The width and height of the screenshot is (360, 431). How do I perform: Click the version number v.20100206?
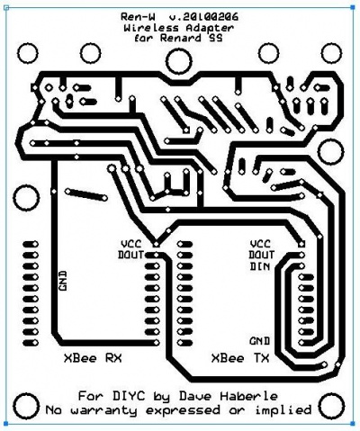click(203, 16)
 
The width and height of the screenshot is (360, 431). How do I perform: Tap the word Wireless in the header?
click(151, 28)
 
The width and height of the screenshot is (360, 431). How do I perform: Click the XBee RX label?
click(93, 358)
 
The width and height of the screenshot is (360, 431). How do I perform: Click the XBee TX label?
click(240, 358)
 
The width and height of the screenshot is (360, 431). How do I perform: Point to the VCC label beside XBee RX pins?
click(130, 244)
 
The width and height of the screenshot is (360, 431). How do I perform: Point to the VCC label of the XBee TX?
click(260, 244)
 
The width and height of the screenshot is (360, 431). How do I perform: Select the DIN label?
click(260, 266)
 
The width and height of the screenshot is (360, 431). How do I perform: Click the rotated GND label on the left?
click(62, 281)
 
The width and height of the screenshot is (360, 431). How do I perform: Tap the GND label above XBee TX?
click(260, 341)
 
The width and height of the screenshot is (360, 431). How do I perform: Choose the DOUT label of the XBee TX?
click(262, 255)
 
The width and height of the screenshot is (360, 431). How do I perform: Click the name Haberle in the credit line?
click(249, 396)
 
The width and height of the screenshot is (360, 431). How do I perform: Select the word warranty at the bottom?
click(103, 410)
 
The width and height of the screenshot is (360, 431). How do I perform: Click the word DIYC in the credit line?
click(129, 396)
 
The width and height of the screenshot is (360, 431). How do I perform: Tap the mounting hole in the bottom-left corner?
click(27, 405)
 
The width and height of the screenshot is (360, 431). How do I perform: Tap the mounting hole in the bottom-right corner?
click(331, 406)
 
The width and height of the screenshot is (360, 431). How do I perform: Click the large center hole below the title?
click(179, 61)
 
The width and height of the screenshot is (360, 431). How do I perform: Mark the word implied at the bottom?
click(283, 410)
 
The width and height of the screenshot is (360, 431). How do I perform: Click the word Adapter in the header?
click(210, 28)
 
